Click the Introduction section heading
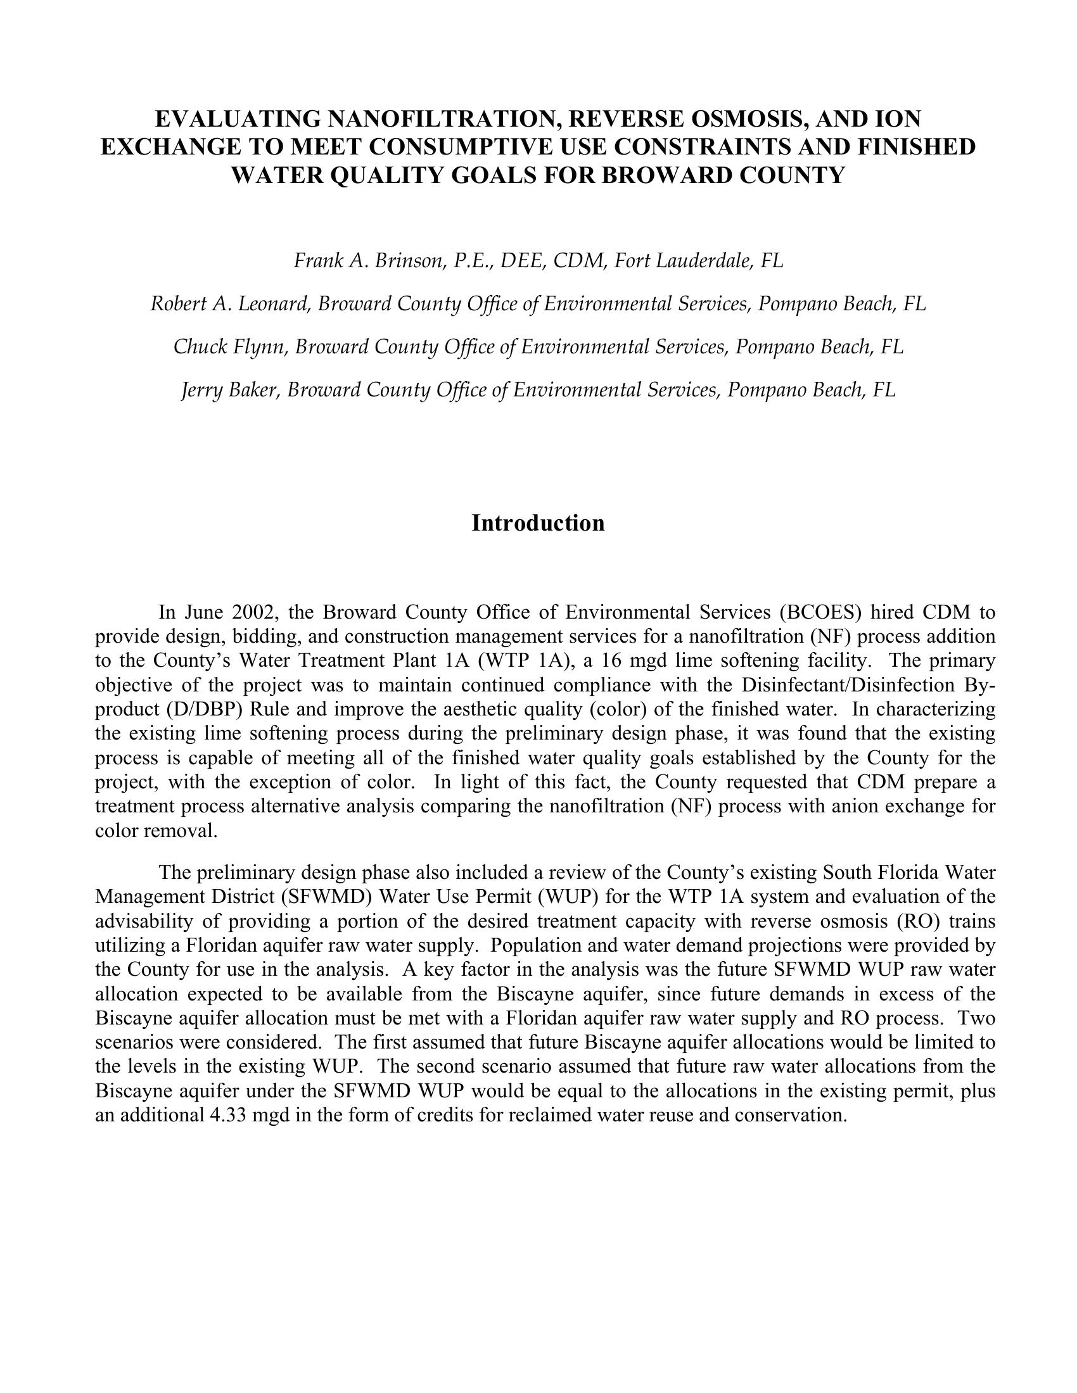(538, 523)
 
